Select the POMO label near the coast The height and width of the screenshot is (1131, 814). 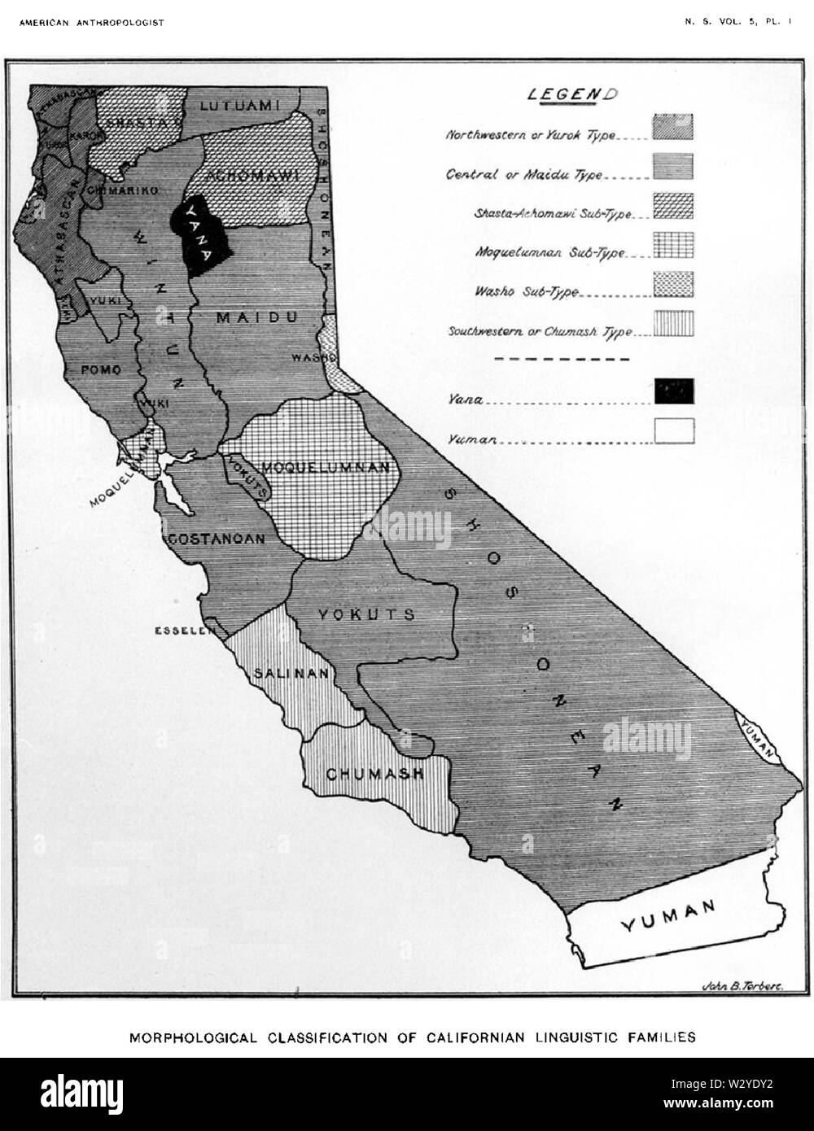(x=101, y=369)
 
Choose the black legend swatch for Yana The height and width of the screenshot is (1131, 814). (x=673, y=391)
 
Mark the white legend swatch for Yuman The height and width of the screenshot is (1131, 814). (x=673, y=430)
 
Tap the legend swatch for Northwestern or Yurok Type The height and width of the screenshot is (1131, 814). (x=673, y=126)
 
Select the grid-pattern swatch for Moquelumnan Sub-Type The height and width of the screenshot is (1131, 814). (x=673, y=245)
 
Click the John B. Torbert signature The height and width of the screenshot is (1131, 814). (x=741, y=986)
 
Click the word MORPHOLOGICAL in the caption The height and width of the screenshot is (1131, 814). (x=190, y=1037)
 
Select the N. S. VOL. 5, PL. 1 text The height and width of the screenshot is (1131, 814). (x=737, y=23)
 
